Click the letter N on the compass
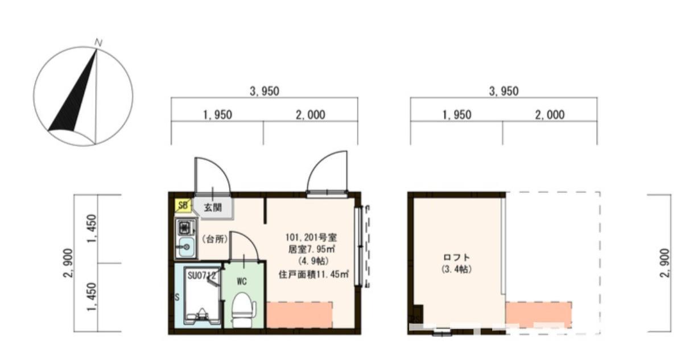[98, 43]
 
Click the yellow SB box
[183, 205]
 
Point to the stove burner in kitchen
[185, 228]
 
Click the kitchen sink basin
[185, 247]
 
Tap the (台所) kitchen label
[215, 239]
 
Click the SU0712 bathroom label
[201, 275]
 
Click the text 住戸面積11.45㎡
[312, 273]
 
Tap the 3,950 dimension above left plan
[265, 91]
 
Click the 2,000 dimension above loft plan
[550, 115]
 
